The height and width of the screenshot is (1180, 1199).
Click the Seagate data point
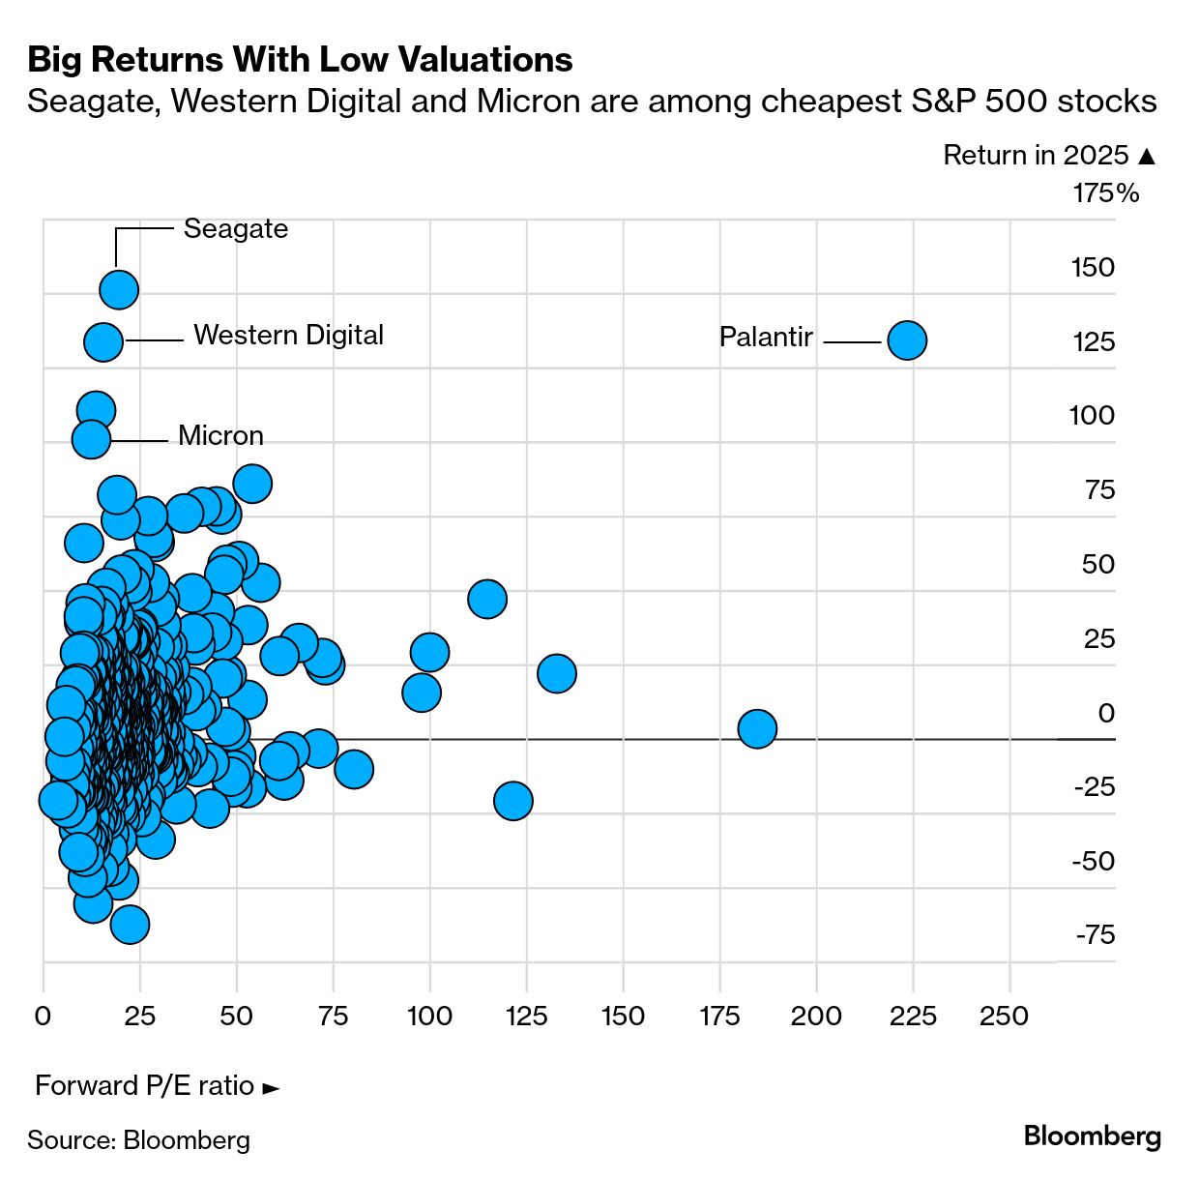coord(119,289)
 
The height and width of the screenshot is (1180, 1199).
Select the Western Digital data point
coord(103,341)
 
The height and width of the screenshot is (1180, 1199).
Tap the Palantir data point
coord(907,340)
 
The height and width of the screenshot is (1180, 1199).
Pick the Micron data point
coord(92,439)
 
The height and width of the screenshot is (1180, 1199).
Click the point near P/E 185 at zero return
coord(757,728)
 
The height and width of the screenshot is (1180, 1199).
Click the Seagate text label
coord(236,229)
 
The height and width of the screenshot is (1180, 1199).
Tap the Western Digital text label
coord(288,336)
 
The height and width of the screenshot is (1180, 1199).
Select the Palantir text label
coord(766,338)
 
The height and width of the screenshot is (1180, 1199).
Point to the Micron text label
coord(220,436)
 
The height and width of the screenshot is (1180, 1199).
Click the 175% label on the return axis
coord(1105,193)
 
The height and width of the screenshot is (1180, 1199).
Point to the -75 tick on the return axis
coord(1095,935)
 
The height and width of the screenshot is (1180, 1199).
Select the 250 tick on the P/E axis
coord(1004,1017)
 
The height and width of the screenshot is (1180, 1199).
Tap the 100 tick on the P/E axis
coord(429,1017)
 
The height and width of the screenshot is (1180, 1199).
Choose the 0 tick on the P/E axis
coord(43,1017)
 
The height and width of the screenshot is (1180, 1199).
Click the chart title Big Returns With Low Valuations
coord(300,60)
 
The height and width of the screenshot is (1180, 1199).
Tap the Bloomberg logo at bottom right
coord(1092,1136)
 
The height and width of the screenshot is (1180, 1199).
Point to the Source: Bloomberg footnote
coord(138,1140)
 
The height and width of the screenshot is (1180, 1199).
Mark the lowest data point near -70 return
coord(130,925)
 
